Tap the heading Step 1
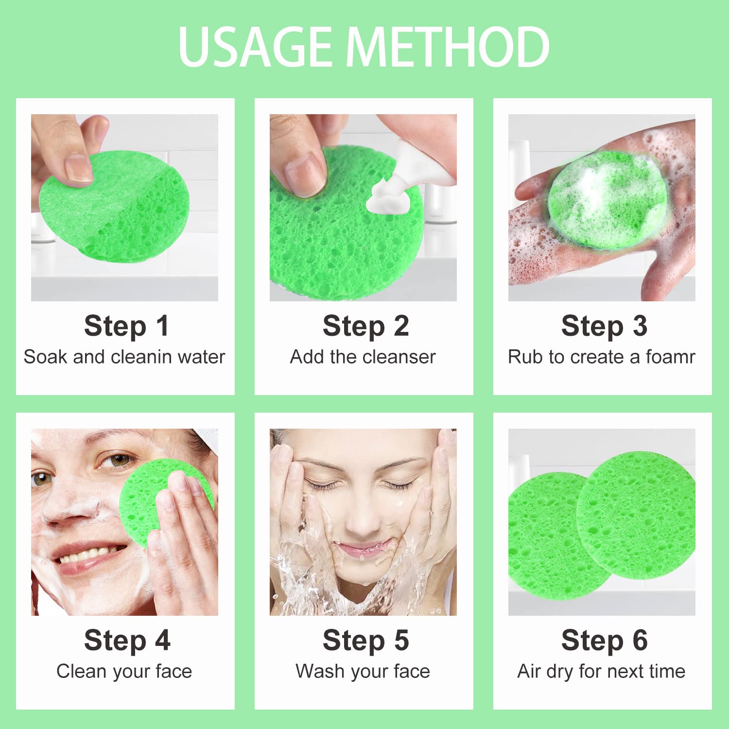(126, 327)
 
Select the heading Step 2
(365, 327)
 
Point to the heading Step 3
(604, 327)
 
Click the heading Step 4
(127, 641)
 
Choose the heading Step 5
(365, 641)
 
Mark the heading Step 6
(604, 641)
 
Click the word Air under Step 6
(529, 671)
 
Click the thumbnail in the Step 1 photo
(78, 169)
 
